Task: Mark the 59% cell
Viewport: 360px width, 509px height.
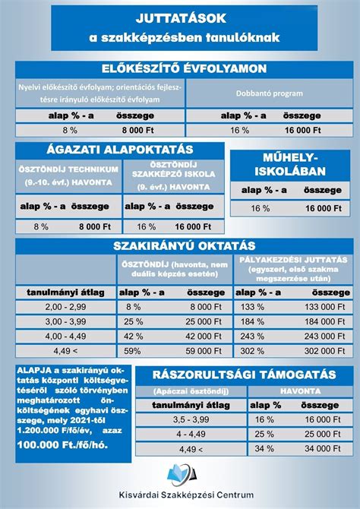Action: click(133, 350)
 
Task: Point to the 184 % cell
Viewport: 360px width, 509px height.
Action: click(251, 321)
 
